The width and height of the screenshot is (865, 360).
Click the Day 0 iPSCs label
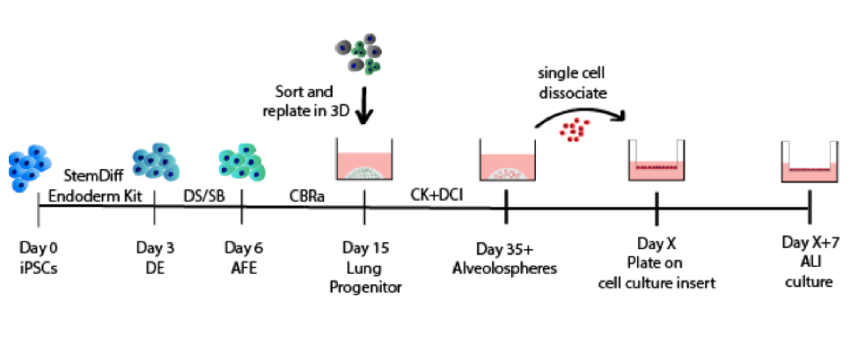(39, 258)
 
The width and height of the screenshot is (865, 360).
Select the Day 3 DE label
(155, 258)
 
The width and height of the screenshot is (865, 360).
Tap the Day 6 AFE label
(243, 258)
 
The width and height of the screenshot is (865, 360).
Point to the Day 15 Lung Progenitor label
(365, 268)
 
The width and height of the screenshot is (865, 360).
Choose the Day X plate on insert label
(656, 263)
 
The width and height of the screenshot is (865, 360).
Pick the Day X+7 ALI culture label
(809, 261)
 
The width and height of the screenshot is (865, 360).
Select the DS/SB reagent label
(203, 195)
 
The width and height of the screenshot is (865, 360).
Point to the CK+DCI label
(436, 195)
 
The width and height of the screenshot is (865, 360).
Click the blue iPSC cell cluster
(29, 167)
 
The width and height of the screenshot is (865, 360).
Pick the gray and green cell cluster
(359, 54)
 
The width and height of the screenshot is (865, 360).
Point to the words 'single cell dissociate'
(573, 82)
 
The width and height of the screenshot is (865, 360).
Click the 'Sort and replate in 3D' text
(306, 99)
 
